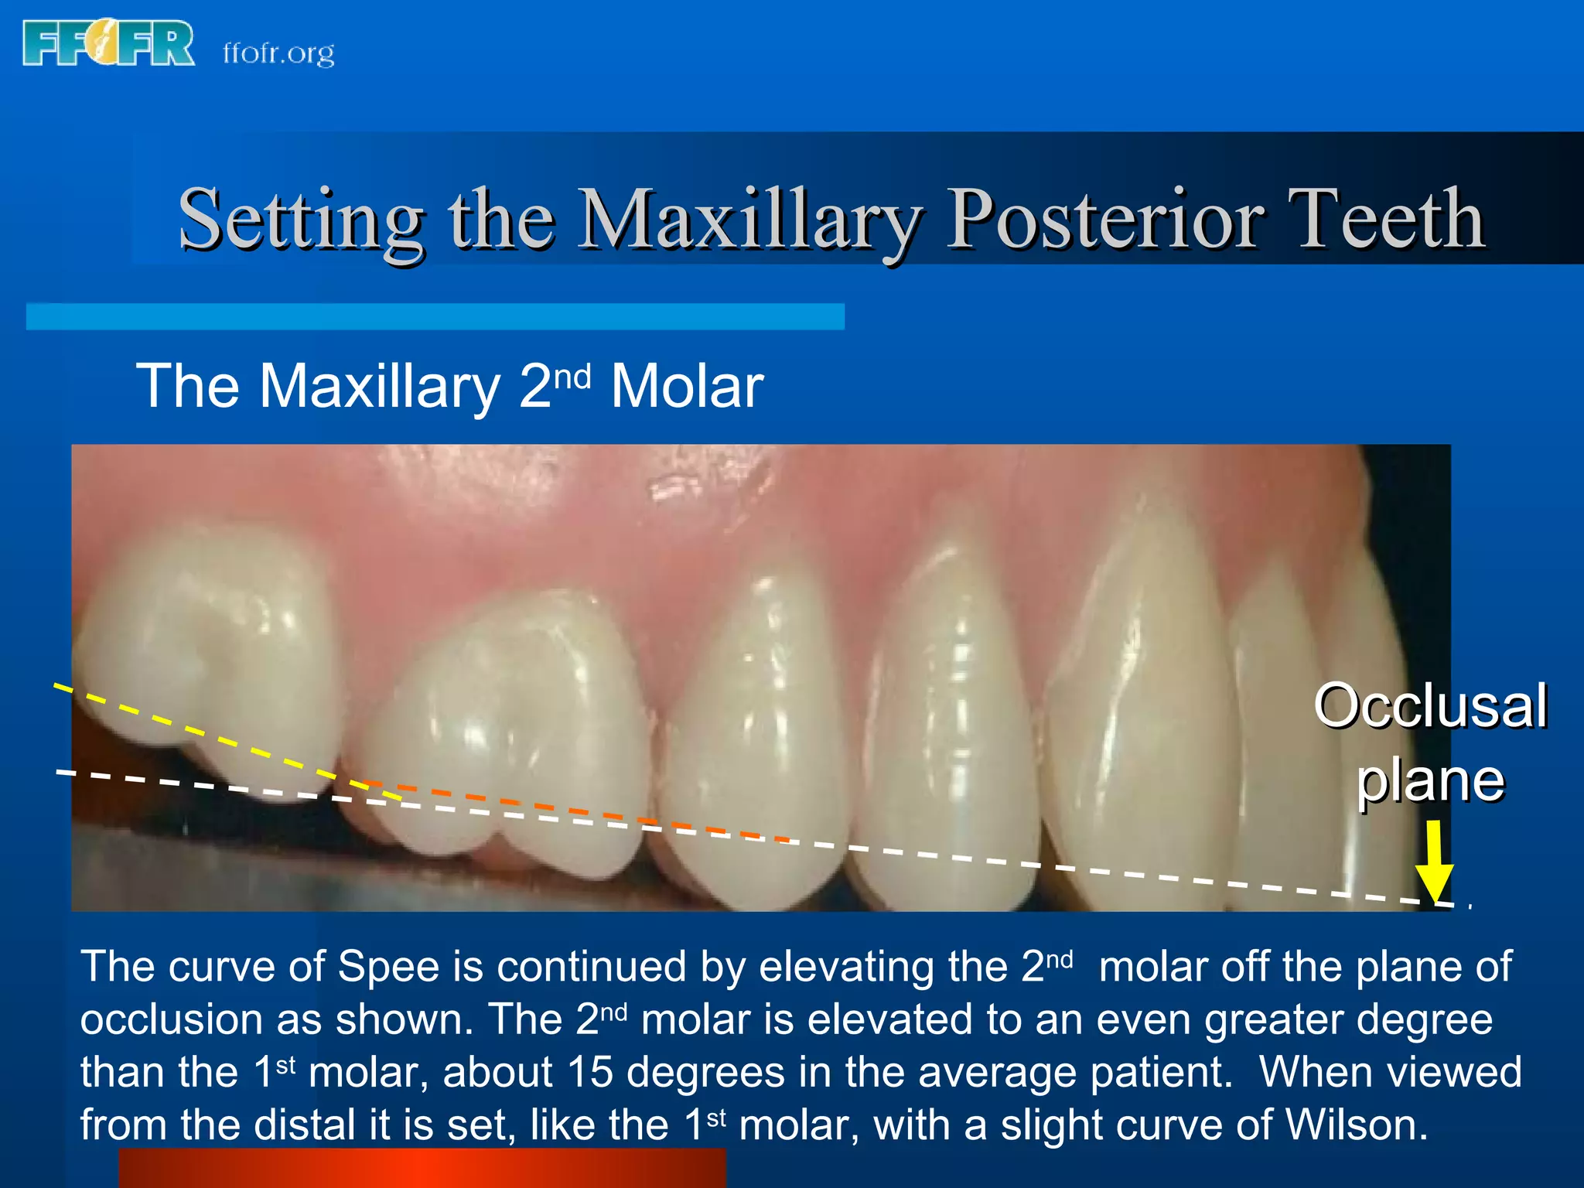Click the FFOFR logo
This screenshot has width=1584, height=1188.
coord(108,44)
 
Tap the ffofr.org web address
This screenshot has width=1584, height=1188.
coord(278,53)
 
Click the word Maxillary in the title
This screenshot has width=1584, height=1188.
coord(750,220)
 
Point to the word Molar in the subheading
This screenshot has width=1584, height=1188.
coord(687,386)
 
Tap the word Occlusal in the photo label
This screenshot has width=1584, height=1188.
coord(1431,705)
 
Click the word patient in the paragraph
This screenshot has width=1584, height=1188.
coord(1160,1074)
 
